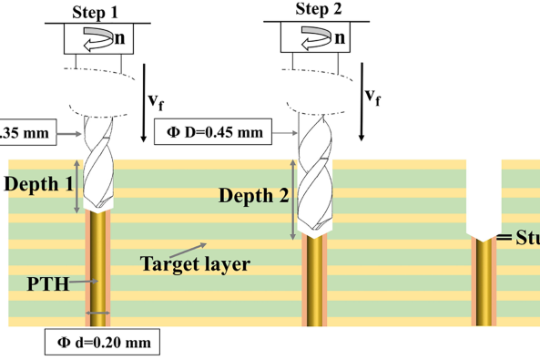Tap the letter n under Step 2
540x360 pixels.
click(339, 37)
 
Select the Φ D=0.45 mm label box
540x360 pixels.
click(215, 133)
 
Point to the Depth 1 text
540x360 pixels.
click(39, 183)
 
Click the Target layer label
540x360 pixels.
click(195, 263)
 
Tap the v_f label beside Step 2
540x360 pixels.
click(372, 95)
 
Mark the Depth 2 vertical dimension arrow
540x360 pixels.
click(293, 195)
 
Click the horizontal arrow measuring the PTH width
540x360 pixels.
click(97, 314)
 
